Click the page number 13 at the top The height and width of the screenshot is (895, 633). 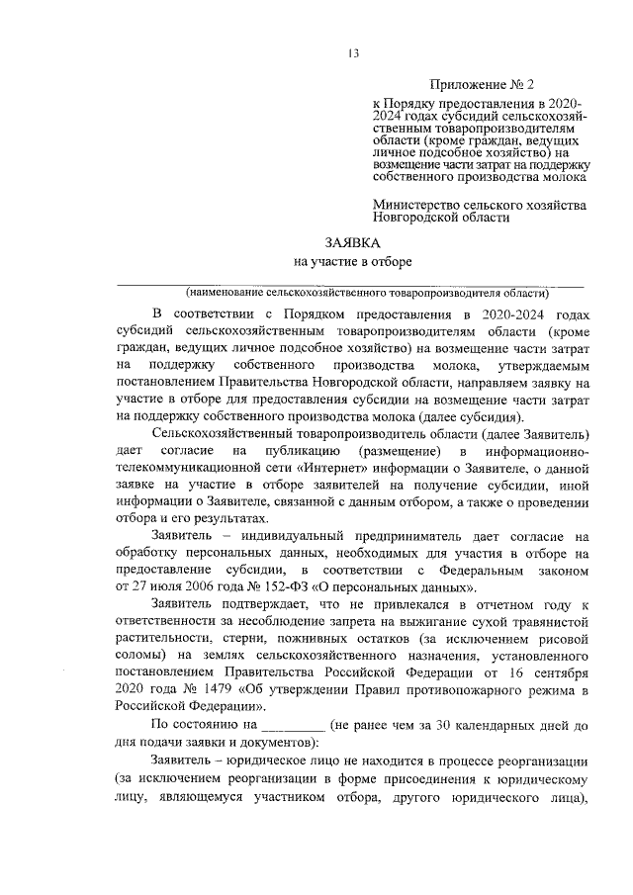tap(352, 53)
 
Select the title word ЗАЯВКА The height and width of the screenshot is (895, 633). tap(351, 242)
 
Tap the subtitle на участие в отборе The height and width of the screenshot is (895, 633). tap(351, 262)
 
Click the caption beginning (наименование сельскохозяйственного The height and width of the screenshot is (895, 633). tap(365, 294)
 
